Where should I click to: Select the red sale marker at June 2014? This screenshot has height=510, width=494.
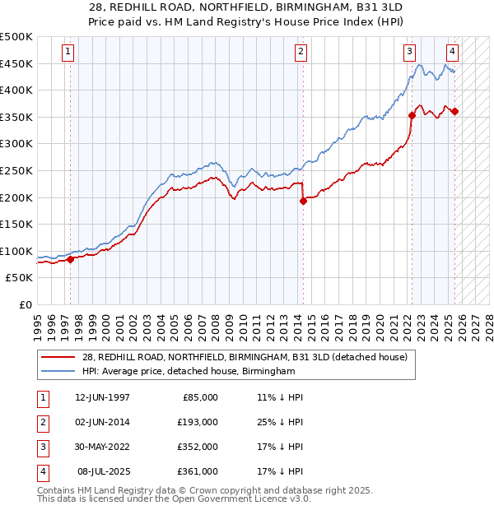pyautogui.click(x=303, y=201)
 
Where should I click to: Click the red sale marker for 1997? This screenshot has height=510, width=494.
pyautogui.click(x=70, y=259)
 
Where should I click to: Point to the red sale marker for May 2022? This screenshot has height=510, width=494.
pyautogui.click(x=411, y=116)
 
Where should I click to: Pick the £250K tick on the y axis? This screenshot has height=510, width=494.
pyautogui.click(x=17, y=170)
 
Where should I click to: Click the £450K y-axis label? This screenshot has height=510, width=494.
pyautogui.click(x=17, y=63)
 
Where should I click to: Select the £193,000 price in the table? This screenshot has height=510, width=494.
pyautogui.click(x=198, y=422)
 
